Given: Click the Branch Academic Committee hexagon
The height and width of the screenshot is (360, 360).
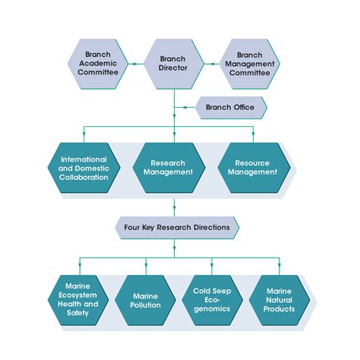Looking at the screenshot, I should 97,64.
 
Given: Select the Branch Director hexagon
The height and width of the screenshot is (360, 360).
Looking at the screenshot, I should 173,64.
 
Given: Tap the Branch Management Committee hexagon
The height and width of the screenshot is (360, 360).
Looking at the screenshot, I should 249,64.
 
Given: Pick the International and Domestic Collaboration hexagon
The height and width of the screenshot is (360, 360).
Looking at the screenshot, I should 89,167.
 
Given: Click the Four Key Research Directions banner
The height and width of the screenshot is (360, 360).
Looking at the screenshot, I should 175,226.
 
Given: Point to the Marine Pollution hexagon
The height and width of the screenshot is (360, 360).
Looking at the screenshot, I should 144,299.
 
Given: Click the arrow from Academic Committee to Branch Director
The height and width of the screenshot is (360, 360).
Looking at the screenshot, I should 134,64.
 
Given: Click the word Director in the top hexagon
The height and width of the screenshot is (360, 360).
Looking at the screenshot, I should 173,69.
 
